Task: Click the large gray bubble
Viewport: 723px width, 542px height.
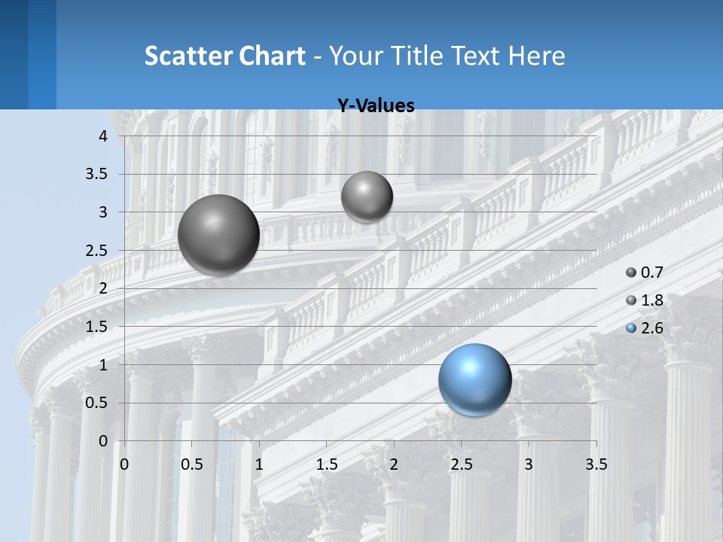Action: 218,235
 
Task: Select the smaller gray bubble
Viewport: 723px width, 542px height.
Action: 367,196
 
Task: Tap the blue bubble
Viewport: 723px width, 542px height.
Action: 474,379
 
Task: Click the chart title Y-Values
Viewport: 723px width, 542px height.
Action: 376,106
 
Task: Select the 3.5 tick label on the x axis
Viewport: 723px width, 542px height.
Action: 596,464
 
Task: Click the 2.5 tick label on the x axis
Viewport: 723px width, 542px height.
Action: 461,464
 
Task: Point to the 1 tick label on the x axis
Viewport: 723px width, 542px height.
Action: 259,464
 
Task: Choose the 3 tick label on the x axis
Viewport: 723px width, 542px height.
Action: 529,464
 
